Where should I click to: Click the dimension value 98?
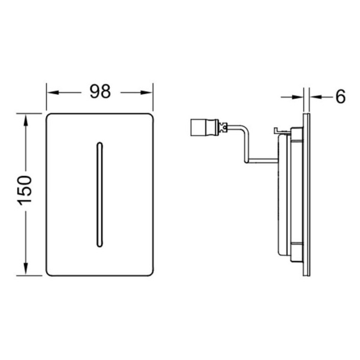pyautogui.click(x=100, y=92)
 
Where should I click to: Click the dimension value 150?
pyautogui.click(x=25, y=190)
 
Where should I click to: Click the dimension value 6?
pyautogui.click(x=340, y=97)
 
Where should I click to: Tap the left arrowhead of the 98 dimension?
pyautogui.click(x=53, y=92)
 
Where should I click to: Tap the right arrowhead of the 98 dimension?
pyautogui.click(x=147, y=92)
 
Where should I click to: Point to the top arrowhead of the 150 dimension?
pyautogui.click(x=25, y=119)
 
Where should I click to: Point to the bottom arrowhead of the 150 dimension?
pyautogui.click(x=25, y=269)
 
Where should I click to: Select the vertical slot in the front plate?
pyautogui.click(x=100, y=194)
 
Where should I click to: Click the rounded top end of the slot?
pyautogui.click(x=100, y=144)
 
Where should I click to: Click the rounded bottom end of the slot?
pyautogui.click(x=100, y=245)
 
